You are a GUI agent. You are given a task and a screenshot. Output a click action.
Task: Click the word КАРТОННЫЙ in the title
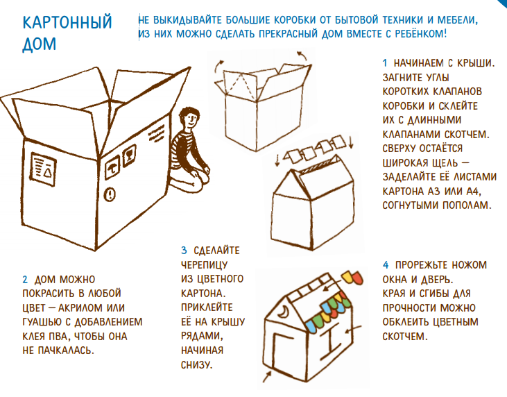[67, 22]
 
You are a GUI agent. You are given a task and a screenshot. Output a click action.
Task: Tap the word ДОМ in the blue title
[39, 44]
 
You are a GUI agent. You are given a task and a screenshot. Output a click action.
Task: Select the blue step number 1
[385, 63]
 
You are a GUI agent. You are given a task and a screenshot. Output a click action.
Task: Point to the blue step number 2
[25, 279]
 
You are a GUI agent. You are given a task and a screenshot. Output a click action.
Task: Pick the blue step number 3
[184, 251]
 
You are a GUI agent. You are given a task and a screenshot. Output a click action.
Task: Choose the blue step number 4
[386, 265]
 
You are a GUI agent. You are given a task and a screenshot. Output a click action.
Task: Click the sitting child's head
[189, 118]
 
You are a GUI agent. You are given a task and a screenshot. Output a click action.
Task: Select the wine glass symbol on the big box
[129, 156]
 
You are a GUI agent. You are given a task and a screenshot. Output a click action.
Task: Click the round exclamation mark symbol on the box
[110, 194]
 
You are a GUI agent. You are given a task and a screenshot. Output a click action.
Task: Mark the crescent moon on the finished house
[283, 311]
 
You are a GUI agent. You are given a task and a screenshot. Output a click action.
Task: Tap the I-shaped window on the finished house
[331, 341]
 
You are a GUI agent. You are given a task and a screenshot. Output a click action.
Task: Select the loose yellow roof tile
[347, 276]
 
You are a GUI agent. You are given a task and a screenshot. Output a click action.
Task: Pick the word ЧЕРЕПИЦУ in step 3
[204, 265]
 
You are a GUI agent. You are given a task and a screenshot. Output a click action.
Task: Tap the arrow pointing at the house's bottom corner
[267, 378]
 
